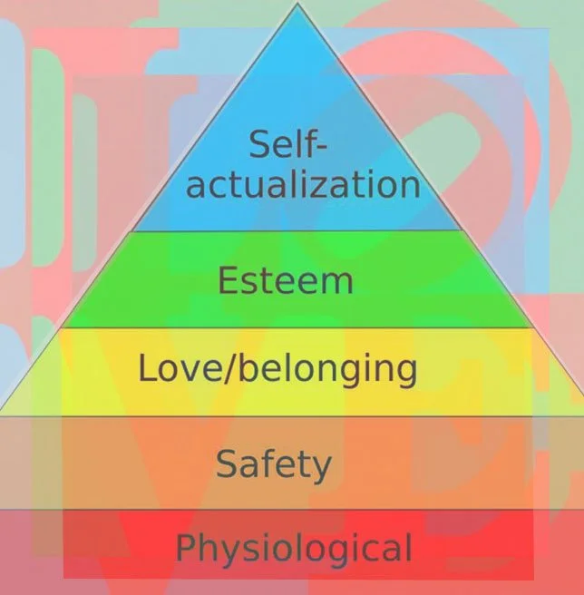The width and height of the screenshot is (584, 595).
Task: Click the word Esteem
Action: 284,280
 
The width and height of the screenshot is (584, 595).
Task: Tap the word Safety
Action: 273,464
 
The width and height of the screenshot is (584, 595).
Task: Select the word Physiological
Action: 294,549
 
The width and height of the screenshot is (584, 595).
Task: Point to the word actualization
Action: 304,185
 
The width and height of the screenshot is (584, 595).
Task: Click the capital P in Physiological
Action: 185,548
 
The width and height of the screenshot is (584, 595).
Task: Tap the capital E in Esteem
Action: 228,280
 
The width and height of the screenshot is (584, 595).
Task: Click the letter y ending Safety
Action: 321,468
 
